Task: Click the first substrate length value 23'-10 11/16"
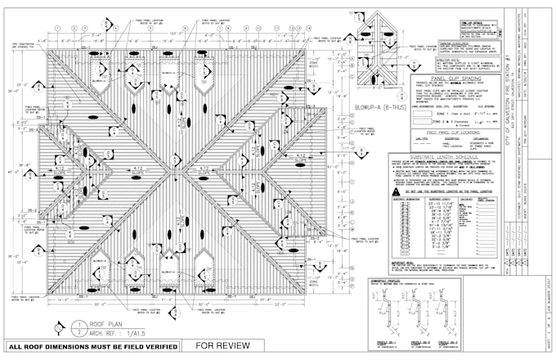(x=431, y=205)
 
